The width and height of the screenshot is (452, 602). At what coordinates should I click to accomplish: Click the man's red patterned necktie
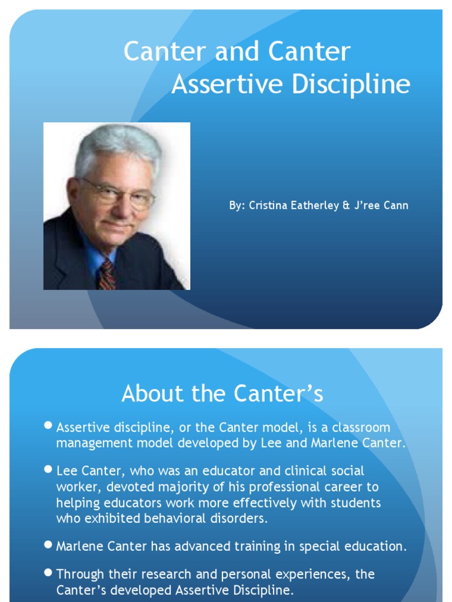[x=107, y=275]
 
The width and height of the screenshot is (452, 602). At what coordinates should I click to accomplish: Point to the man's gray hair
[x=118, y=144]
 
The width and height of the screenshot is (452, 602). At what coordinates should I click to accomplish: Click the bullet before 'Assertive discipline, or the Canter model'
[x=49, y=426]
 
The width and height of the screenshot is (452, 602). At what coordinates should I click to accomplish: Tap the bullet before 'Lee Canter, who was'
[x=49, y=469]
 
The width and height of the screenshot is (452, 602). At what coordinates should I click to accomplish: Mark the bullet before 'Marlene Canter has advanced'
[x=49, y=545]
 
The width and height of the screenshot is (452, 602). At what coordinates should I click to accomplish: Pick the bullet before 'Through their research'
[x=49, y=572]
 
